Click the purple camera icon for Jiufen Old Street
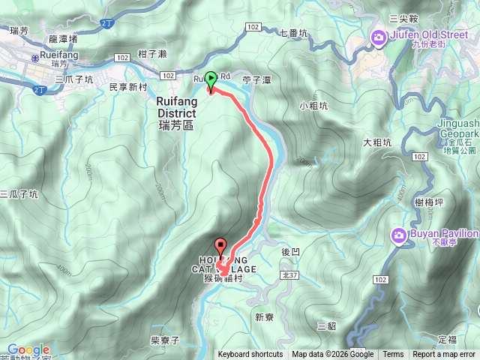(x=379, y=37)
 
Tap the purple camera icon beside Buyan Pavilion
(x=398, y=235)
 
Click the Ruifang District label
(x=176, y=112)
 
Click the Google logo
(x=28, y=350)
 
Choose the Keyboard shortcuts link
(x=250, y=355)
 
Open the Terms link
(x=393, y=355)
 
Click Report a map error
(x=444, y=355)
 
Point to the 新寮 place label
(x=264, y=316)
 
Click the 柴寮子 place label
(x=165, y=340)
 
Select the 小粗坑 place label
(x=313, y=106)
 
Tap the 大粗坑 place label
(x=377, y=142)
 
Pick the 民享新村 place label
(x=127, y=88)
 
